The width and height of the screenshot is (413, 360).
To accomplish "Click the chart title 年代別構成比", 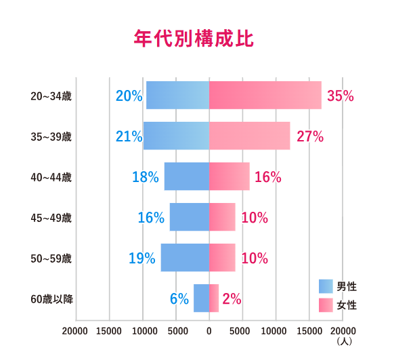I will [x=194, y=39].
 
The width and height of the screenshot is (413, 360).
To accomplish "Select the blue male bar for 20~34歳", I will [x=177, y=95].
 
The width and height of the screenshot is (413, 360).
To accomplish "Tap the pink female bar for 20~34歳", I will [x=265, y=95].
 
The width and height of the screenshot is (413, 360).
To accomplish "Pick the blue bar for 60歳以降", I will [x=201, y=298].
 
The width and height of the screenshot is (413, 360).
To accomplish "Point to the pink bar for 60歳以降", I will [x=214, y=298].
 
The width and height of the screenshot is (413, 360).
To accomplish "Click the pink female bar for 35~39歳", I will [x=249, y=136].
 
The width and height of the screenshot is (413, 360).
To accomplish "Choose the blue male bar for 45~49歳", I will [x=189, y=217].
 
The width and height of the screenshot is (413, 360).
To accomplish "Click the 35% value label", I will [x=341, y=96].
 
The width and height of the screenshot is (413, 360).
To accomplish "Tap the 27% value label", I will [x=310, y=137].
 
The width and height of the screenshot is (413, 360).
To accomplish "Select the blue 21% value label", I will [x=129, y=137].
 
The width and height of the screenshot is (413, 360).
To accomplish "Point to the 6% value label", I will [x=179, y=299].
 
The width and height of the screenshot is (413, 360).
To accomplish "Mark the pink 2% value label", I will [x=232, y=299].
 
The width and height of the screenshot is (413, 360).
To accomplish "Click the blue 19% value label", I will [x=142, y=258].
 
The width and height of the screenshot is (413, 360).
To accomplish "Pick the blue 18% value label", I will [x=146, y=177].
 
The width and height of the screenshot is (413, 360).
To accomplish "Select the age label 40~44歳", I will [x=51, y=177].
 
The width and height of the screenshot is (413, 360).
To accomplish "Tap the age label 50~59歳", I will [x=51, y=258].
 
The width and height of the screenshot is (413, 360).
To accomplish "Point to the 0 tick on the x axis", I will [x=209, y=331].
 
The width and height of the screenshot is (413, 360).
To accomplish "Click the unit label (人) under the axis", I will [x=344, y=342].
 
